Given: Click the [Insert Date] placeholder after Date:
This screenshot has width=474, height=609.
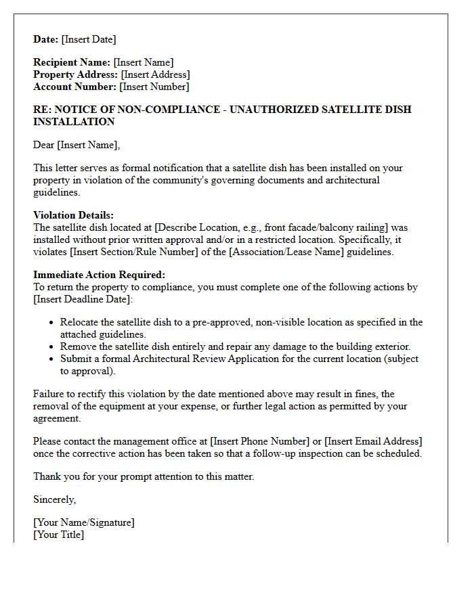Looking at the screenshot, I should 89,39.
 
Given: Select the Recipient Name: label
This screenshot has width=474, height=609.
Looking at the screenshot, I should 72,63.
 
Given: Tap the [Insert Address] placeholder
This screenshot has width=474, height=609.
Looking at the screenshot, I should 155,75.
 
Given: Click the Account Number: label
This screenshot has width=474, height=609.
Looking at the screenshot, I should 74,87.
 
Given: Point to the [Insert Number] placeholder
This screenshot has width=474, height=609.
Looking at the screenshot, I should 154,87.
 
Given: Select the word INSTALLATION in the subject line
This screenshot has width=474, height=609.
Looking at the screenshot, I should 74,122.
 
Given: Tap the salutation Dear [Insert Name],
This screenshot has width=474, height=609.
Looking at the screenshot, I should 77,145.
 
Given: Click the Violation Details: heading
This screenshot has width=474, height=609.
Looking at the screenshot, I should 73,216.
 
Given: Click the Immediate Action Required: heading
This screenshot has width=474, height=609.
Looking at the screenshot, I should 99,275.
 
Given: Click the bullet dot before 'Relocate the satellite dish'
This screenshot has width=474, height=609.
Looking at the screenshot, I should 51,323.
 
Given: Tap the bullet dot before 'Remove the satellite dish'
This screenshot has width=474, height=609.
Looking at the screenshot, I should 51,346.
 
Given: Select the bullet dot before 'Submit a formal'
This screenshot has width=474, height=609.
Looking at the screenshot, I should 51,359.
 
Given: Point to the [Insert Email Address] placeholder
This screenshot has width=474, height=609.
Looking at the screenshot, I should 374,441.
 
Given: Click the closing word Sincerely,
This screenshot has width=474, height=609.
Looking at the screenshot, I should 55,499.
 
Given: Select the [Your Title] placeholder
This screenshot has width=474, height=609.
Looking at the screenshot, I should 59,535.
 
